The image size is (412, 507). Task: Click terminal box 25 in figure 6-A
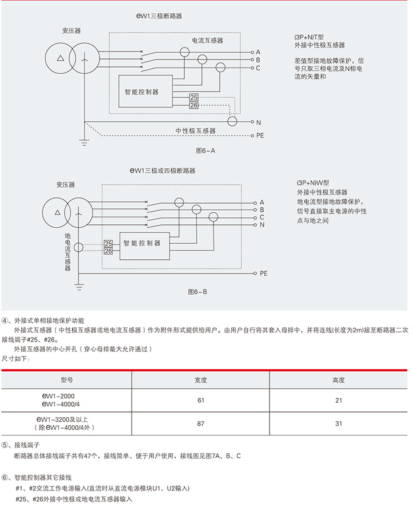coord(194,98)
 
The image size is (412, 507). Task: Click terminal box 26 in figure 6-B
coord(108,251)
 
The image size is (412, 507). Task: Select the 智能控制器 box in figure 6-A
coord(141,91)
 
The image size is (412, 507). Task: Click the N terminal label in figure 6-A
coord(259,122)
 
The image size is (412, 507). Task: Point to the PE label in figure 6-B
coord(263,274)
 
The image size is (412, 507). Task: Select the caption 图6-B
coord(197,292)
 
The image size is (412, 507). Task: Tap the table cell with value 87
coord(201,424)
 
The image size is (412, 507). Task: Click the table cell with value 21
coord(338,400)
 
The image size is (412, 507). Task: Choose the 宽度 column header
coord(201,380)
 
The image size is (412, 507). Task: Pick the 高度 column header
coord(338,380)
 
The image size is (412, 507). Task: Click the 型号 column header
coord(67,380)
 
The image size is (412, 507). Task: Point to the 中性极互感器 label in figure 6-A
coord(195,131)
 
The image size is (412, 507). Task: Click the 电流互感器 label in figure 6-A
coord(207,41)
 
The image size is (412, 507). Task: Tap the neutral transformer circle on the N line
coord(232,121)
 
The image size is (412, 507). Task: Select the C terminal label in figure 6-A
coord(259,68)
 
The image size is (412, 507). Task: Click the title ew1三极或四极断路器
coord(163,171)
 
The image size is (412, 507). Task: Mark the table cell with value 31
coord(338,424)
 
